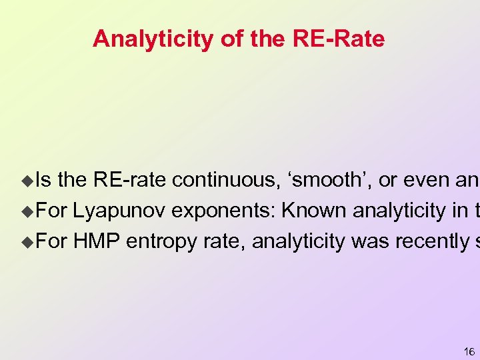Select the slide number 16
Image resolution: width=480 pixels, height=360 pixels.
(x=469, y=351)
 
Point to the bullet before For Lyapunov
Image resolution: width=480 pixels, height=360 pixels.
(x=27, y=211)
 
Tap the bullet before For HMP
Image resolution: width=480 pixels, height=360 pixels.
(x=27, y=241)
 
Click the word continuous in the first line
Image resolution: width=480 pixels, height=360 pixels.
(x=223, y=180)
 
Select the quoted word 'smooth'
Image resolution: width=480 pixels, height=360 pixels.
(x=327, y=180)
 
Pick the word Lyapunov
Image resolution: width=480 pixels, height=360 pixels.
(x=120, y=211)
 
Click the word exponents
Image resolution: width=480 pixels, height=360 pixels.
(x=224, y=211)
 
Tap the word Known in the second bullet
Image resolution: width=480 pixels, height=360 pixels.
(x=314, y=211)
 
